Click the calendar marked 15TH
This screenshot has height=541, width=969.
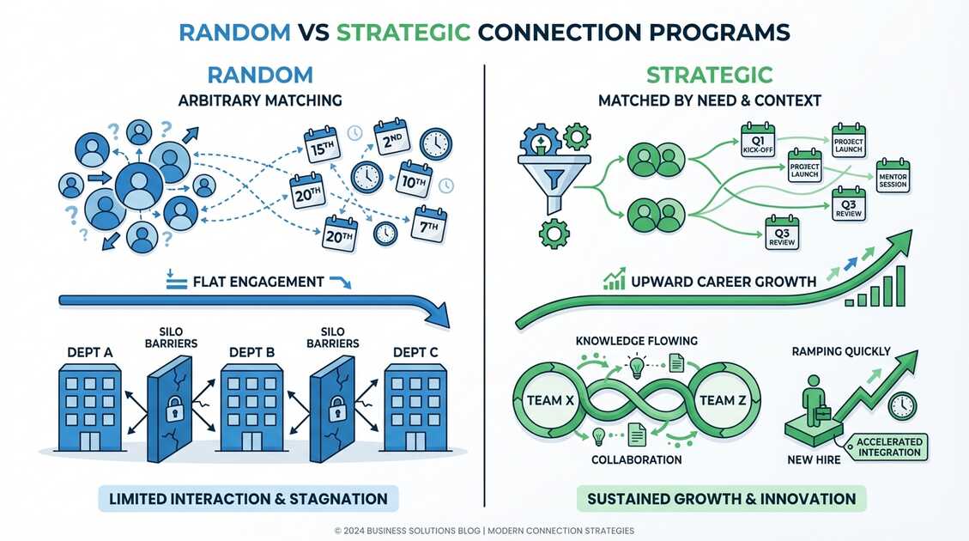tap(323, 145)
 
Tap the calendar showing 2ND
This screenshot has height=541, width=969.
tap(391, 137)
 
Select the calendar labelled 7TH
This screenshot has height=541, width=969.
tap(429, 224)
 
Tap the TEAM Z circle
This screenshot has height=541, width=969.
tap(717, 399)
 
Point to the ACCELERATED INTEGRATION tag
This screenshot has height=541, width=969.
tap(888, 447)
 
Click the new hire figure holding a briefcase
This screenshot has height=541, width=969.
tap(813, 404)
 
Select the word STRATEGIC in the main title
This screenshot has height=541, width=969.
tap(403, 32)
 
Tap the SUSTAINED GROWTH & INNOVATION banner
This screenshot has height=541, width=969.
tap(721, 499)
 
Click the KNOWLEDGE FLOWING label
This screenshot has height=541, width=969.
tap(636, 341)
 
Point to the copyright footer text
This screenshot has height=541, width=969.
tap(484, 531)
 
